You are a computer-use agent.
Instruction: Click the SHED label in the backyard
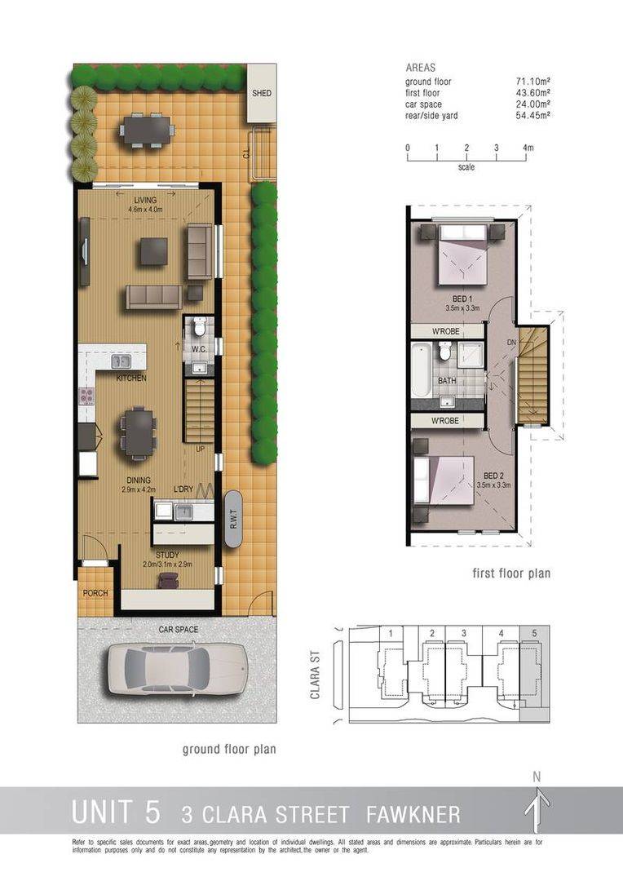pyautogui.click(x=261, y=93)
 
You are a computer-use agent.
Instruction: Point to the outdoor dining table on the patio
pyautogui.click(x=147, y=129)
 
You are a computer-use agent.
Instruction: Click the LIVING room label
pyautogui.click(x=145, y=200)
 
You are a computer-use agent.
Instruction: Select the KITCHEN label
pyautogui.click(x=130, y=379)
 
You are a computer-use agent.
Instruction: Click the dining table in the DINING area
pyautogui.click(x=139, y=432)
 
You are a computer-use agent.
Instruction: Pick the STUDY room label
pyautogui.click(x=167, y=555)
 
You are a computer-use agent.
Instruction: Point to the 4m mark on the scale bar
pyautogui.click(x=528, y=148)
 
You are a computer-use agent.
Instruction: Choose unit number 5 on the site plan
pyautogui.click(x=534, y=633)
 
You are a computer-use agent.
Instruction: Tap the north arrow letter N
pyautogui.click(x=537, y=777)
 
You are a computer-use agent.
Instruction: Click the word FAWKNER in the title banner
pyautogui.click(x=413, y=813)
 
